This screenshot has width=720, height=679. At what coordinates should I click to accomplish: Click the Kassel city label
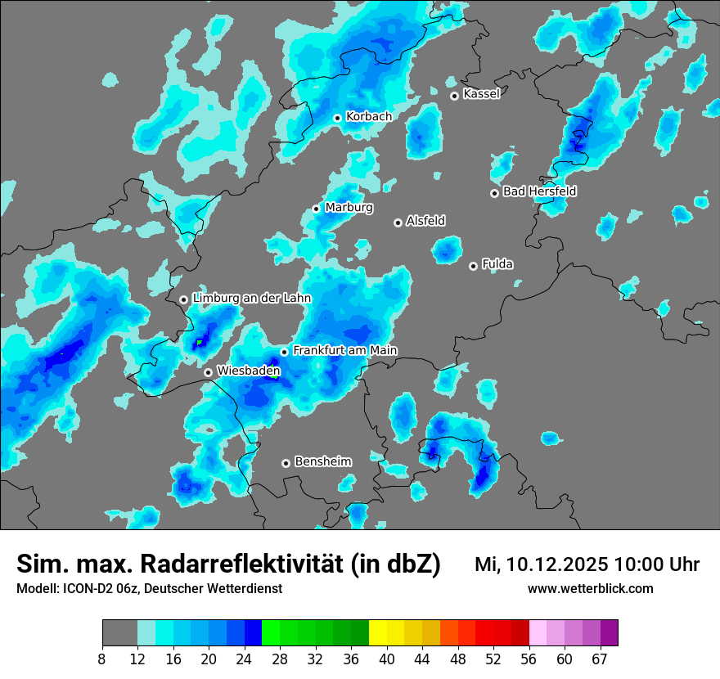[481, 94]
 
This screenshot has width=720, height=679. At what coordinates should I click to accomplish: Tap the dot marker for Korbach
[337, 118]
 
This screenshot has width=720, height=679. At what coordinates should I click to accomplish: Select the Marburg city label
[349, 208]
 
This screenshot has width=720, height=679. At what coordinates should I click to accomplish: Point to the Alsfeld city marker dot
[398, 223]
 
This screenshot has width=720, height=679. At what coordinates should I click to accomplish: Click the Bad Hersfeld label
[539, 191]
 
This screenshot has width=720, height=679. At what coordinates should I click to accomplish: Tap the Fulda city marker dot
[473, 266]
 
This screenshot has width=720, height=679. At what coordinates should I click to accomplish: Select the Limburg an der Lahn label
[251, 299]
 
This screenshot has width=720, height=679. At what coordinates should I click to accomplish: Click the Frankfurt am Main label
[344, 350]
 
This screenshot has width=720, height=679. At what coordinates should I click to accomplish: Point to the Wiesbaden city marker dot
[209, 372]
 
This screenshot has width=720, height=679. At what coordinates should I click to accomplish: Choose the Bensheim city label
[322, 461]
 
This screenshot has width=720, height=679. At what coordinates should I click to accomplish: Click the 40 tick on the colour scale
[386, 658]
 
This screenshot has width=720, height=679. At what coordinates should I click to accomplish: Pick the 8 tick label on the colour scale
[102, 658]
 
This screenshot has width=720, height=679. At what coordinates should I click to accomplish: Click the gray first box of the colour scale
[119, 633]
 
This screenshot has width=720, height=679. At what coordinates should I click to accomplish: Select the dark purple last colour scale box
[610, 633]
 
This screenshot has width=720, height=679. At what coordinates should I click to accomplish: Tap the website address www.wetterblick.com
[590, 588]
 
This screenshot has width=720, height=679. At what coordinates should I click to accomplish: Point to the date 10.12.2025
[557, 564]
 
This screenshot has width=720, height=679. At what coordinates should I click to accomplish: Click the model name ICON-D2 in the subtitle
[89, 588]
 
